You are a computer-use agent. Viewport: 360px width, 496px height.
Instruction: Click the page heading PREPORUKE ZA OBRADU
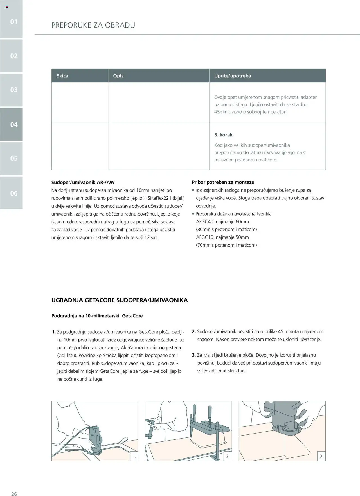(x=93, y=25)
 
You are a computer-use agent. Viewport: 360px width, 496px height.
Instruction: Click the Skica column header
(x=62, y=76)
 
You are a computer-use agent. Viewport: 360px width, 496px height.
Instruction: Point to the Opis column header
(x=118, y=76)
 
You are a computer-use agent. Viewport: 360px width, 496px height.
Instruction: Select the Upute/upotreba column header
(x=233, y=76)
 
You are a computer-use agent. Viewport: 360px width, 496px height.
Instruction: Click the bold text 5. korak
(x=223, y=135)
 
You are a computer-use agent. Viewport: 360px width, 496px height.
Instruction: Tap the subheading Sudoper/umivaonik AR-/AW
(x=83, y=182)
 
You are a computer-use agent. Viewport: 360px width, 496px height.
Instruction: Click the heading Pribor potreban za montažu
(x=223, y=182)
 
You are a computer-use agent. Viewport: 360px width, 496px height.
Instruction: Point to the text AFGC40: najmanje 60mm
(x=222, y=221)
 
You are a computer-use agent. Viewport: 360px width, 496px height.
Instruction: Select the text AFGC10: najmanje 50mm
(x=222, y=237)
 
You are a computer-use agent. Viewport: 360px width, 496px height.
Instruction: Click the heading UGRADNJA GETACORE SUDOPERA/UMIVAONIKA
(x=120, y=300)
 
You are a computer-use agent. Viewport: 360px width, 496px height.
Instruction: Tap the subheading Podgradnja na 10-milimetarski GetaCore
(x=97, y=316)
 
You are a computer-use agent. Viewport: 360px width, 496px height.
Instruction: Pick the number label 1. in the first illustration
(x=134, y=456)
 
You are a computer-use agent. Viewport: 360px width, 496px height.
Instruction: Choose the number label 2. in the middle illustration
(x=228, y=456)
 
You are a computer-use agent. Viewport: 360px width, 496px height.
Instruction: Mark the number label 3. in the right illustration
(x=321, y=456)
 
